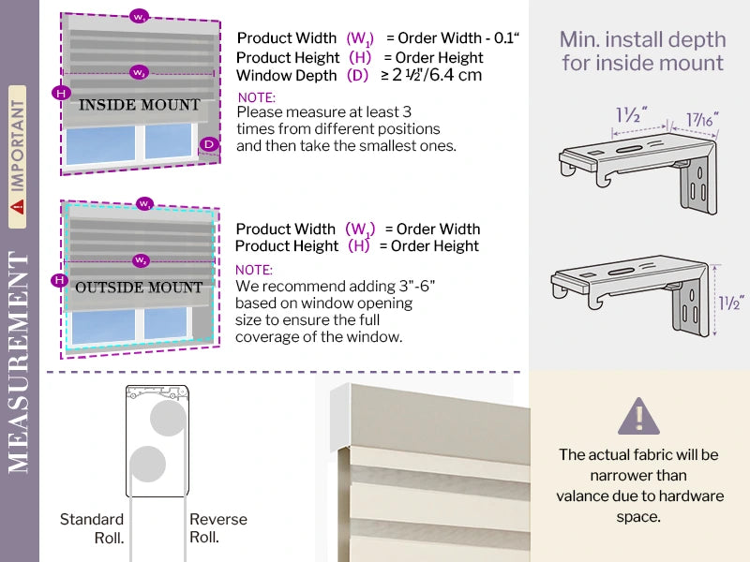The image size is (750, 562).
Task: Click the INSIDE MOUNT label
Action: coord(139,105)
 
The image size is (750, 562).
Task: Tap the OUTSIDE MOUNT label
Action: coord(140,287)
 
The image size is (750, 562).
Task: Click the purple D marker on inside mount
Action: coord(208,144)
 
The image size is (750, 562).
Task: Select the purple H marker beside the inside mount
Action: coord(61,93)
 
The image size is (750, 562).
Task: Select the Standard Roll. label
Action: coord(92,527)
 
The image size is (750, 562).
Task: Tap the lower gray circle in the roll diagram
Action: coord(147,464)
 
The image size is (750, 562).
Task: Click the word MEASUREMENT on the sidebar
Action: coord(20,362)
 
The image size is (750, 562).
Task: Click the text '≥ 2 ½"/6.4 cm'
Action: coord(431,75)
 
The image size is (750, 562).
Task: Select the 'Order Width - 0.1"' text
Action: coord(458,38)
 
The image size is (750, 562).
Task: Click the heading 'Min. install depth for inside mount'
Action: coord(642,52)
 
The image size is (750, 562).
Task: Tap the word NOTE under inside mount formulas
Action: coord(256,97)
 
